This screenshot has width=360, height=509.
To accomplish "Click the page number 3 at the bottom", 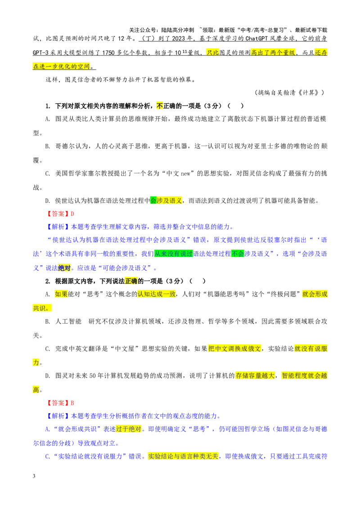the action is (34, 476).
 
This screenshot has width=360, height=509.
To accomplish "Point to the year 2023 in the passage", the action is (178, 38).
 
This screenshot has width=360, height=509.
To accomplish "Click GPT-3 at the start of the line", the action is (40, 53).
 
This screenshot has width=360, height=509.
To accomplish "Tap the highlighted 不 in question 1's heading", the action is (160, 106).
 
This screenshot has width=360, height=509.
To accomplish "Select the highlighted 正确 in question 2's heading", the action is (131, 281).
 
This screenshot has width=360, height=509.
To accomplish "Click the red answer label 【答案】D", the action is (60, 214).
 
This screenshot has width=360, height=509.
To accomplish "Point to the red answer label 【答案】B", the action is (60, 403).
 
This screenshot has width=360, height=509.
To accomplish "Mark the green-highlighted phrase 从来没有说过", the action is (174, 254).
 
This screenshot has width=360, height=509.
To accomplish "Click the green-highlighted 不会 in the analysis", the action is (238, 254).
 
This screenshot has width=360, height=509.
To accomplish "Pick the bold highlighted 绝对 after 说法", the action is (64, 268).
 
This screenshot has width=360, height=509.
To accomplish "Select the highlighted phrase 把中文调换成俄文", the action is (234, 348).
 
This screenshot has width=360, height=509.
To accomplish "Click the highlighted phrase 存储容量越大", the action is (255, 375).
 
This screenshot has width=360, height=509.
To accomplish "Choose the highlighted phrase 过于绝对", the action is (129, 429).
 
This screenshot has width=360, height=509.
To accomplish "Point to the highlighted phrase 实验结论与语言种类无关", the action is (183, 456).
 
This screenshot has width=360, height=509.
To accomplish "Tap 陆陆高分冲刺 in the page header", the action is (178, 30).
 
